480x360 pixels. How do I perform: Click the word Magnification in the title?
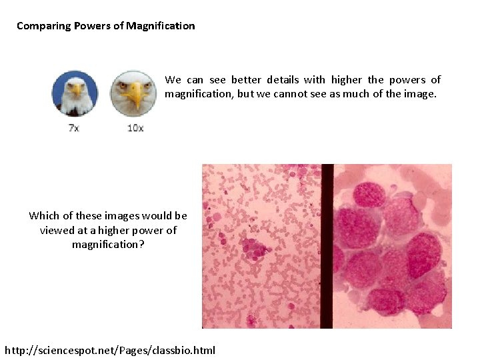pos(162,26)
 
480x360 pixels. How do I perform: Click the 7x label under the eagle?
pos(74,127)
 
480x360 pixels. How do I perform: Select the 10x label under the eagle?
pos(135,127)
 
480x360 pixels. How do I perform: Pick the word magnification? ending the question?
pos(108,245)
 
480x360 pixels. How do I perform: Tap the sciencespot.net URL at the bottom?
pos(110,350)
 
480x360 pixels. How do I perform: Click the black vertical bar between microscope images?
pos(327,246)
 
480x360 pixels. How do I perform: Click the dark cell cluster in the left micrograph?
pos(255,247)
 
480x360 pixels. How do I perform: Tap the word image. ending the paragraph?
pos(421,94)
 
